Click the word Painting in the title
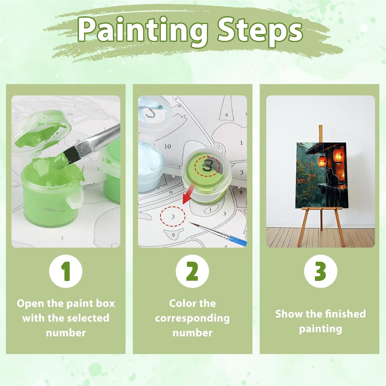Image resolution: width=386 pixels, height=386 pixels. tap(143, 30)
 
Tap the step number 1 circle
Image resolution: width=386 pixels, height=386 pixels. tap(66, 271)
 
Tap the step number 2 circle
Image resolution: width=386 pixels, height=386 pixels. tap(192, 271)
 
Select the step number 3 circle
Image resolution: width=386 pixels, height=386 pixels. tap(320, 271)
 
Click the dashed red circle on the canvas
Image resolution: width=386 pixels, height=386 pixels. tap(173, 216)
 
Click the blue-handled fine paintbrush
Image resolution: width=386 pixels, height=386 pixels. tap(218, 233)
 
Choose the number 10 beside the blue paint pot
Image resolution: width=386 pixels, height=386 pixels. tap(168, 146)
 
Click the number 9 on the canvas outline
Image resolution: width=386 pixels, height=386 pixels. tap(173, 235)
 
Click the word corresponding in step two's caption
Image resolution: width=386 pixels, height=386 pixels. tap(192, 319)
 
